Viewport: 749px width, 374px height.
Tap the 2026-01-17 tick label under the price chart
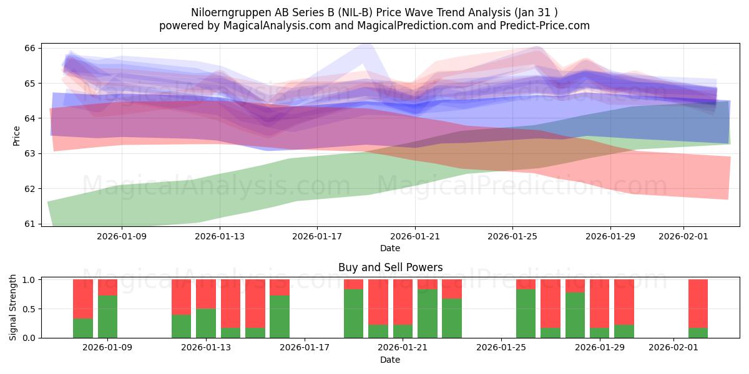coord(317,236)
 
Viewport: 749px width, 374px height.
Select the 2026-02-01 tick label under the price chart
coord(683,236)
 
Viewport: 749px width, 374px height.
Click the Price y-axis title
coord(17,135)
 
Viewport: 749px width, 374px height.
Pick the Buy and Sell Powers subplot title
coord(390,267)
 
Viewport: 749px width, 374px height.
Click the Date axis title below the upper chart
coord(390,248)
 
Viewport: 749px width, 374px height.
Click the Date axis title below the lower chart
coord(390,360)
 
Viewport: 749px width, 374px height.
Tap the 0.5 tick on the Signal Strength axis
coord(29,309)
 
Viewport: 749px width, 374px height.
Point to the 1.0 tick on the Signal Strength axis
coord(29,280)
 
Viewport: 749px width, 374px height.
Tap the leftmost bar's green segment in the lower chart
coord(83,328)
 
